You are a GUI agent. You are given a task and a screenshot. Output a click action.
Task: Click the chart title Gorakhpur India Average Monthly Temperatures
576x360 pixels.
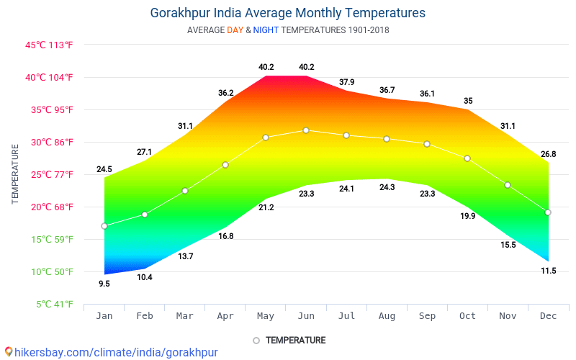coord(288,13)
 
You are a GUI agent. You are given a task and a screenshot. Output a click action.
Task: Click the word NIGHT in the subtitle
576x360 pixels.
coord(266,30)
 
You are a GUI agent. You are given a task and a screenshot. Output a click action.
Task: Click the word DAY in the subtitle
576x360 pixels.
coord(235,30)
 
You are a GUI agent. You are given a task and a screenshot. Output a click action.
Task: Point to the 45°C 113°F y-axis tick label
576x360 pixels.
coord(49,45)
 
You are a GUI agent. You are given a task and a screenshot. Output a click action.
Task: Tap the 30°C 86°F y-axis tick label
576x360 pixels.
coord(49,142)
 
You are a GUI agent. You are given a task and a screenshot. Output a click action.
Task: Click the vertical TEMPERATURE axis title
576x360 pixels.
coord(15,174)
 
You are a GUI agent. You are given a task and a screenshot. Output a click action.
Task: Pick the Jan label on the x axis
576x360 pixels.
coord(104,316)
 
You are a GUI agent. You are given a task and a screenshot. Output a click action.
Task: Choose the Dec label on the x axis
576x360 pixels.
coord(548,316)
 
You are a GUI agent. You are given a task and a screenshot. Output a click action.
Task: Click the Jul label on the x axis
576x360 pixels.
coord(346,316)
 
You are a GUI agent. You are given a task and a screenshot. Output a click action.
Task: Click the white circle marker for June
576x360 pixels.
coord(306,130)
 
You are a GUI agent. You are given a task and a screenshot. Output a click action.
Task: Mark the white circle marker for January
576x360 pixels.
coord(104,226)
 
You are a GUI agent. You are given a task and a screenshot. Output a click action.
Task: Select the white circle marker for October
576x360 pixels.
coord(467,158)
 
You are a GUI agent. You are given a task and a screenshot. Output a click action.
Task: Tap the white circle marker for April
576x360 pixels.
coord(225,165)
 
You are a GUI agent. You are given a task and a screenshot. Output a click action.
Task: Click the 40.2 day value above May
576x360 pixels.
coord(266,67)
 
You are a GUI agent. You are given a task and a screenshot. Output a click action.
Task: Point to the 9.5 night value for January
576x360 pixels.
coord(104,284)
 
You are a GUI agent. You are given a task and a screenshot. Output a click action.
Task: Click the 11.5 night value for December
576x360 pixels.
coord(548,271)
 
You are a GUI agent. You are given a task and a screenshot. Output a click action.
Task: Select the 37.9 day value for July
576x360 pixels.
coord(346,81)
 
